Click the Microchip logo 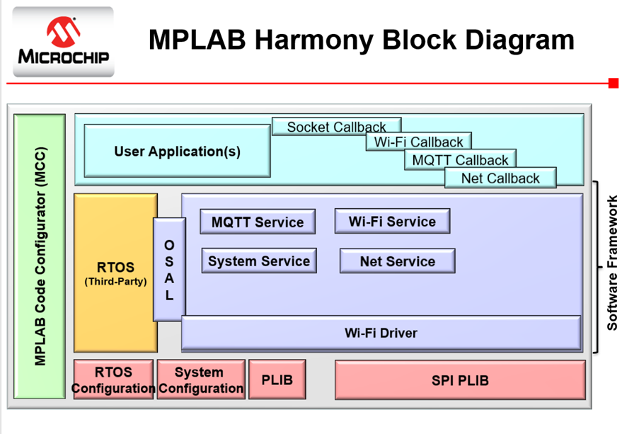pos(63,41)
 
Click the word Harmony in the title pos(316,40)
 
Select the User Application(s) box pos(177,151)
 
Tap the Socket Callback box pos(336,127)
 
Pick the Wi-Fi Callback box pos(418,142)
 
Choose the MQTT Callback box pos(460,160)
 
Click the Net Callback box pos(500,178)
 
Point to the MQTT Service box pos(257,222)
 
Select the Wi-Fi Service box pos(392,221)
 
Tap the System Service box pos(258,261)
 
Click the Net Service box pos(397,261)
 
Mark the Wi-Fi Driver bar pos(381,333)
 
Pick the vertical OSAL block pos(169,269)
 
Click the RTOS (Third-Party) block pos(115,273)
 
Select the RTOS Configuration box pos(113,379)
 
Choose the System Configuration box pos(200,379)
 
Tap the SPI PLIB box pos(460,380)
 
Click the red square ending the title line pos(613,84)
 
